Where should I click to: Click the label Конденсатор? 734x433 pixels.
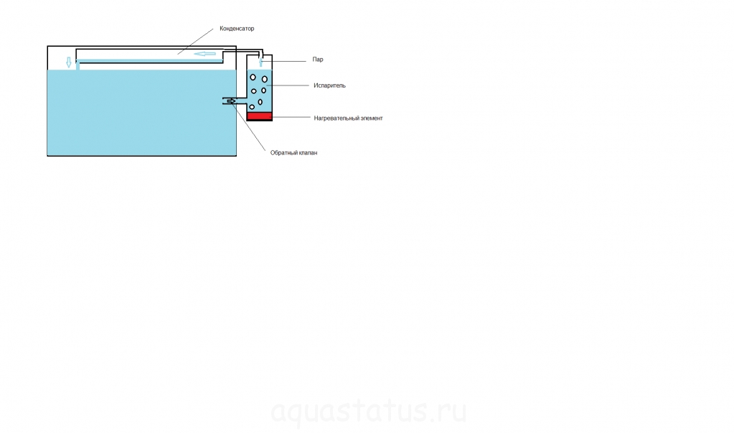237,29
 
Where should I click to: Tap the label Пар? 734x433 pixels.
318,60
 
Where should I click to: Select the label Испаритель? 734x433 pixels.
329,85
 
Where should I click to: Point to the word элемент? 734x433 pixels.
371,118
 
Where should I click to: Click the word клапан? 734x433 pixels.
307,153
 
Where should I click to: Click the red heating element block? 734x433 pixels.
259,116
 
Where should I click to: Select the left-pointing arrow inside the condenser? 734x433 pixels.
205,54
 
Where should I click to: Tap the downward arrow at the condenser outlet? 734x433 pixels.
69,62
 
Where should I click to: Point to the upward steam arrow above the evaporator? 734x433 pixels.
260,62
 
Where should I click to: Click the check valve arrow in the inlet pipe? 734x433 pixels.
231,101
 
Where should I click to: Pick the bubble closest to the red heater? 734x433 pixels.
252,107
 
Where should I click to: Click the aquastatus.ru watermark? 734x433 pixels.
369,411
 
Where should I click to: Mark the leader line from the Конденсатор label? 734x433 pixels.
195,41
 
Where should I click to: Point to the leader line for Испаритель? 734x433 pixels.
288,85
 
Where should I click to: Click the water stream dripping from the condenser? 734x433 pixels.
77,65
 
